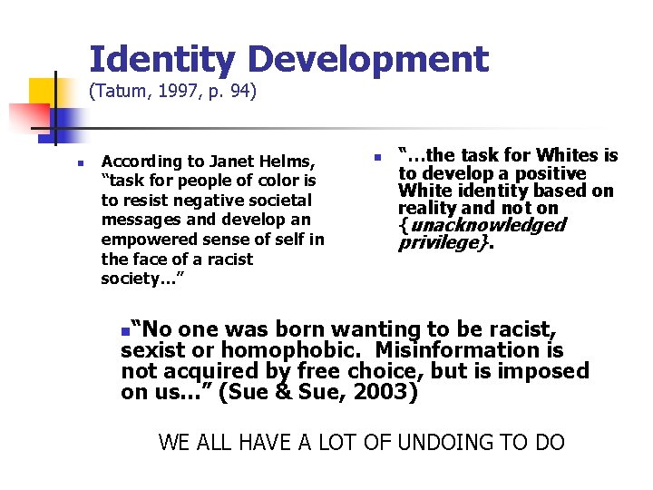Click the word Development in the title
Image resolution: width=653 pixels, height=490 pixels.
tap(368, 60)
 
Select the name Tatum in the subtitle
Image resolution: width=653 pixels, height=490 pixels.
tap(121, 91)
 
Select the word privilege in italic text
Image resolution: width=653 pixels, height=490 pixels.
tap(438, 243)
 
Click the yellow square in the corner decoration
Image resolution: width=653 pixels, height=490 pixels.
tap(43, 91)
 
